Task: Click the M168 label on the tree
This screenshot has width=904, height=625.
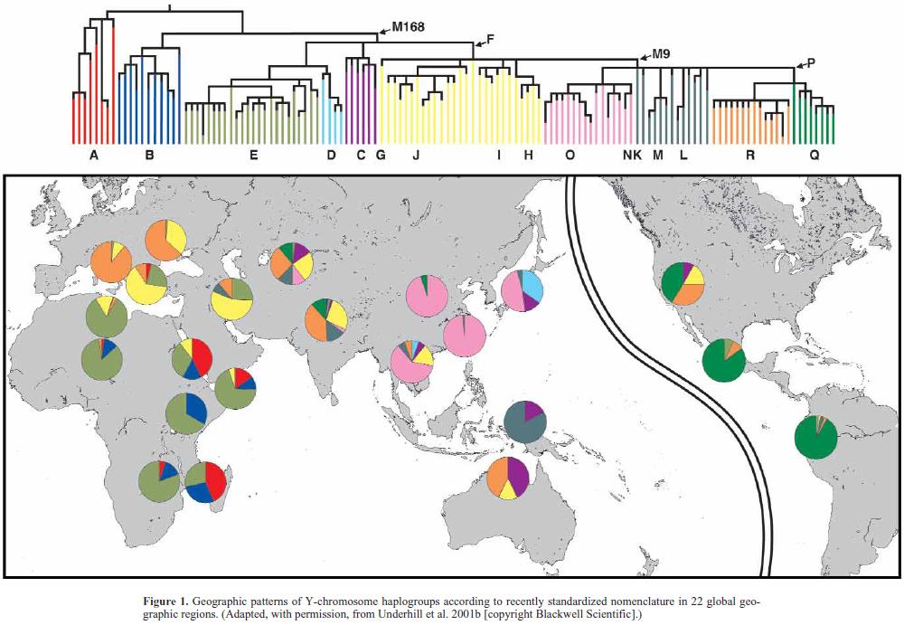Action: (x=408, y=27)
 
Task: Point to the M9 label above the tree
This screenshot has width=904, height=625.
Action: (x=664, y=54)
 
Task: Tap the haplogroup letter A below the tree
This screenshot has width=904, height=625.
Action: (x=93, y=156)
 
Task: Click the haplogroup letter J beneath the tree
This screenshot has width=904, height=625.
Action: (x=416, y=156)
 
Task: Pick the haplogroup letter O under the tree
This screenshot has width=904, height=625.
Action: (x=570, y=156)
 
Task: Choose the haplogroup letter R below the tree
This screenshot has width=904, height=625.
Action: (x=749, y=156)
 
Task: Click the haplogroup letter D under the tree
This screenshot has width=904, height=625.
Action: (x=331, y=156)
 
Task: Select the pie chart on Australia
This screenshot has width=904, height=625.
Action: (x=509, y=478)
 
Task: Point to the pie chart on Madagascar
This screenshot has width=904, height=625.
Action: (x=206, y=481)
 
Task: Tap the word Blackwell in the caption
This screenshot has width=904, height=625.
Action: (x=691, y=613)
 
